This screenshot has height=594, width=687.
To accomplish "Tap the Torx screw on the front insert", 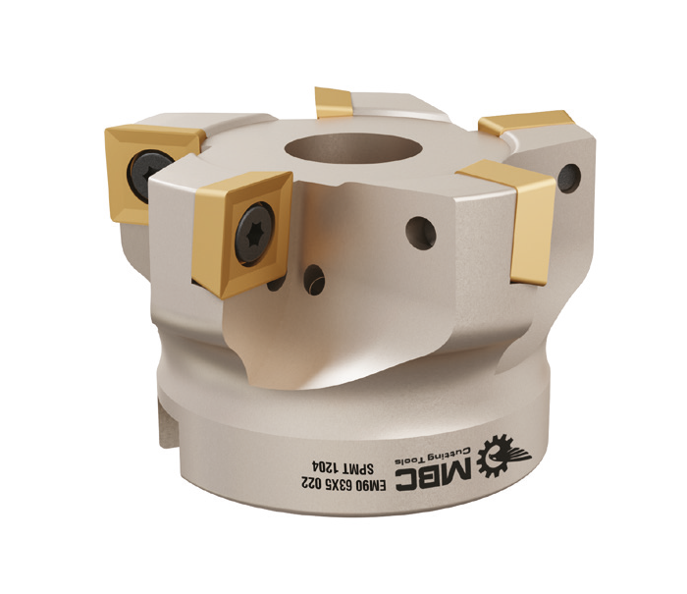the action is tap(254, 234).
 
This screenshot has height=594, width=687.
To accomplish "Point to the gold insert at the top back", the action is tap(334, 102).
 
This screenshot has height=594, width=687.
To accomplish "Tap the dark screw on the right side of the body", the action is tap(569, 178).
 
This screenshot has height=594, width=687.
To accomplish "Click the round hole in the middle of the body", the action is tap(421, 234).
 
